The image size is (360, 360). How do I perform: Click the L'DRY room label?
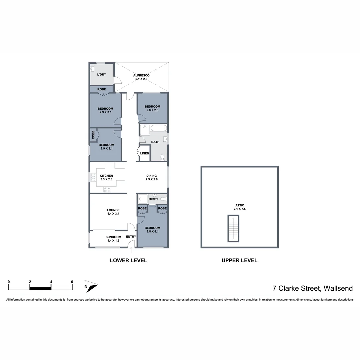(x=102, y=74)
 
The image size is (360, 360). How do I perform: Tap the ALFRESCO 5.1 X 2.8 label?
(x=141, y=77)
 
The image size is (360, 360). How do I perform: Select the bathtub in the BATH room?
(x=158, y=128)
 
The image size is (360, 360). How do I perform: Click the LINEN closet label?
(x=144, y=153)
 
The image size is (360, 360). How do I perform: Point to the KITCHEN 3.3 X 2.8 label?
(x=106, y=177)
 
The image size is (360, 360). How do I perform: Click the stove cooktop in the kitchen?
(x=107, y=189)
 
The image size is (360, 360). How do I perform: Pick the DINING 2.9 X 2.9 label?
(x=151, y=177)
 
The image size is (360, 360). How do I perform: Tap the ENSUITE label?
(x=154, y=199)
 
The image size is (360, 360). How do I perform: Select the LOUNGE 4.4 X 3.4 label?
(x=113, y=212)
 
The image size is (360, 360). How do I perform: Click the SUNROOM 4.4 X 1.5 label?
(x=113, y=239)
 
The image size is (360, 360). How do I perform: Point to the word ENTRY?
(x=131, y=237)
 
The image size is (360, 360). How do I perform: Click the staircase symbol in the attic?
(x=233, y=228)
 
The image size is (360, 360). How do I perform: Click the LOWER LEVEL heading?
(x=128, y=260)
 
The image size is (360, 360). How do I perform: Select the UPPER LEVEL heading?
(x=239, y=260)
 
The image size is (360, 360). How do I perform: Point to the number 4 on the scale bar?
(x=51, y=282)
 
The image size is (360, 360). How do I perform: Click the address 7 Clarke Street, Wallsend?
(x=312, y=288)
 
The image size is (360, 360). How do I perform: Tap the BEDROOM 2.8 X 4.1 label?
(x=152, y=230)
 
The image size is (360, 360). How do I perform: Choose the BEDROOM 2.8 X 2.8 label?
(x=152, y=108)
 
